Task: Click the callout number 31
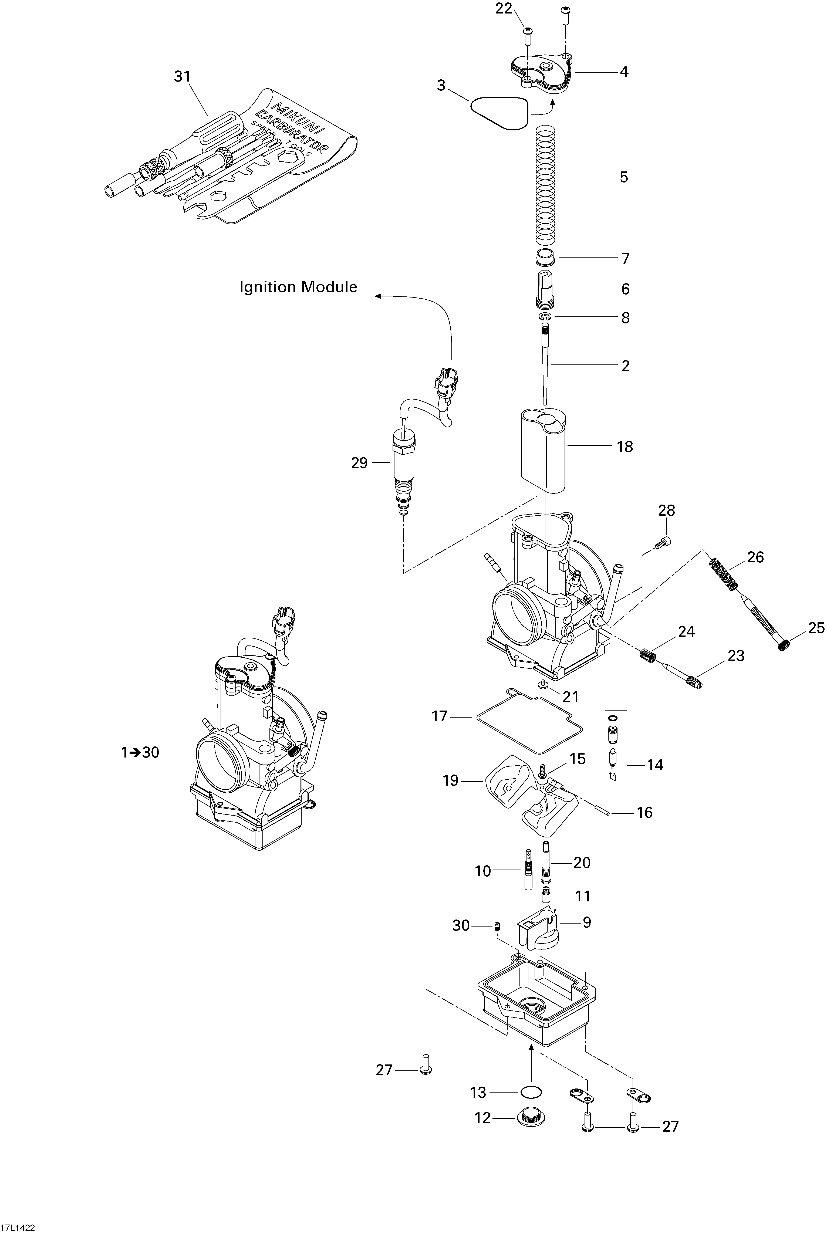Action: pyautogui.click(x=182, y=76)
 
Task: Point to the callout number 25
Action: pyautogui.click(x=815, y=628)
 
